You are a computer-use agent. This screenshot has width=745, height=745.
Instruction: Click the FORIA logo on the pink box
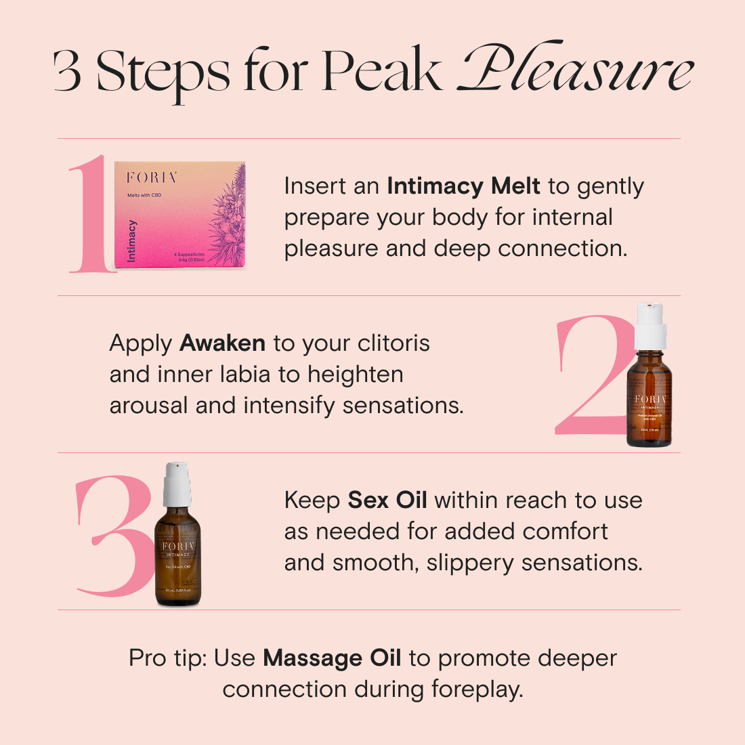(152, 177)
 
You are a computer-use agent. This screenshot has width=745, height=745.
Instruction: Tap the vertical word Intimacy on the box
(132, 240)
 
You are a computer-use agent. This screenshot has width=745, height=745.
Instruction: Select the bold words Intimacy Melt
(463, 186)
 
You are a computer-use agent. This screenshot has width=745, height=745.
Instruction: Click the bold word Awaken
(222, 343)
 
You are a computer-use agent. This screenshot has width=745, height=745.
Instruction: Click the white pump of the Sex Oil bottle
(177, 482)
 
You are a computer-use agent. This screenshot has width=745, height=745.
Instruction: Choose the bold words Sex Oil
(387, 500)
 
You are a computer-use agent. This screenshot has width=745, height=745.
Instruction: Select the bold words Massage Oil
(332, 658)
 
